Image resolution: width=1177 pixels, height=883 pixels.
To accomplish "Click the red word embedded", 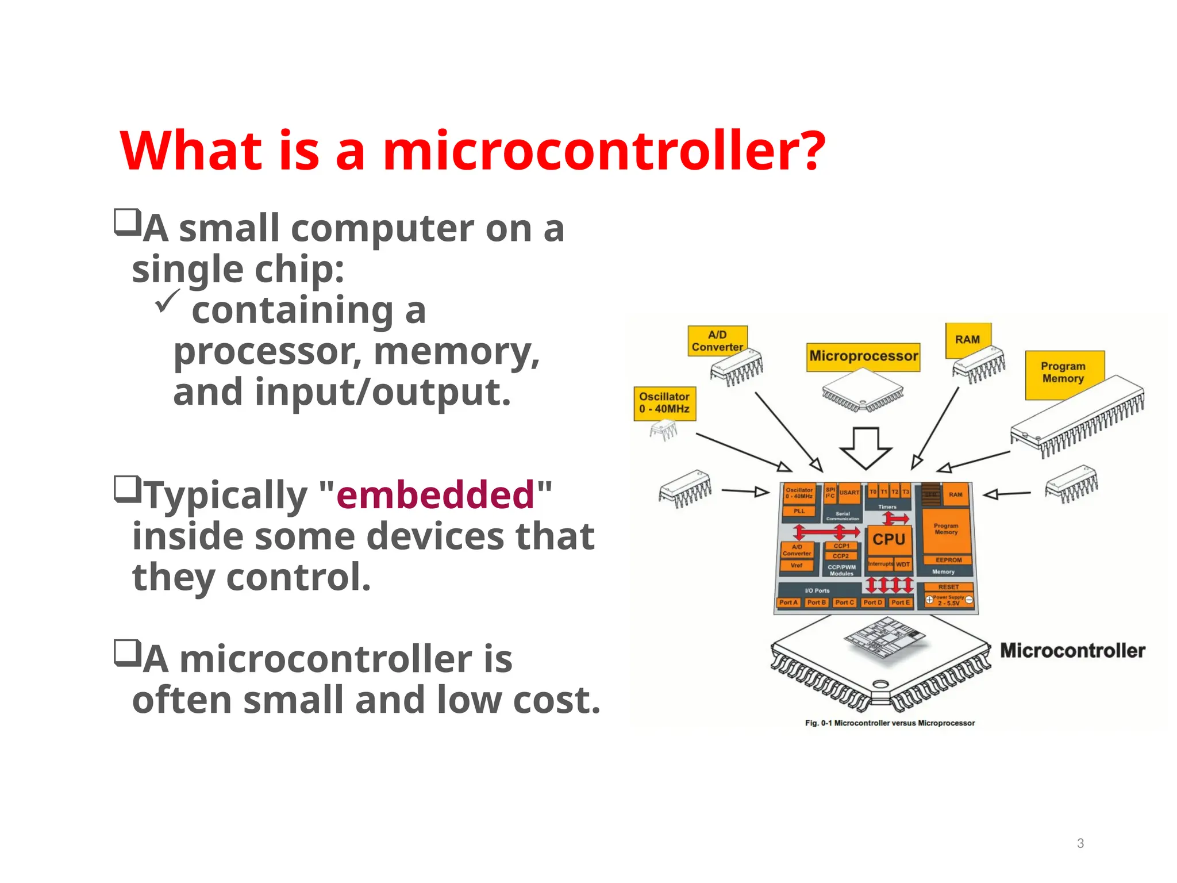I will pos(436,495).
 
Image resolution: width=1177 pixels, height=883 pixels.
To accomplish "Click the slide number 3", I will pos(1080,843).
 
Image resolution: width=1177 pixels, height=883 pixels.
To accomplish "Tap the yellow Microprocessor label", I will pos(863,356).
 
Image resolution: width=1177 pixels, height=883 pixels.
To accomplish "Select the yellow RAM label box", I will pos(968,339).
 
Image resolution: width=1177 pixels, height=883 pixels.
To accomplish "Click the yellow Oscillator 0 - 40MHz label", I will pos(664,403).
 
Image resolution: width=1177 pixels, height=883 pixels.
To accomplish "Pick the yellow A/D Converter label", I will pos(717,341).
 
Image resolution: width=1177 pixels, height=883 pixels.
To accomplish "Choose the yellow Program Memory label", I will pos(1063,373).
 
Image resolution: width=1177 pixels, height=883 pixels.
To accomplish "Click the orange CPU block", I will pos(888,539).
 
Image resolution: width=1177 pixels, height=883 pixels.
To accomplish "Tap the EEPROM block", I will pos(948,560).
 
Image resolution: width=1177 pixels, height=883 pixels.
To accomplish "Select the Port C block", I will pos(844,602).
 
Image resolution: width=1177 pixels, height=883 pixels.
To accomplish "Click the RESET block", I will pos(948,587).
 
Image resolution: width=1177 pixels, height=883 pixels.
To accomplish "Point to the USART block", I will pos(849,493).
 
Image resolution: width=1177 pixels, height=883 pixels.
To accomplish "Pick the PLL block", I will pos(799,511).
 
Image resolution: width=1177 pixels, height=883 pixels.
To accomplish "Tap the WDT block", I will pos(903,565).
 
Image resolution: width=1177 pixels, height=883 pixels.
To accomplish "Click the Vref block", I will pos(797,566).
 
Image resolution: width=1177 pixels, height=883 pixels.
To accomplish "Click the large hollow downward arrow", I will pos(866,448).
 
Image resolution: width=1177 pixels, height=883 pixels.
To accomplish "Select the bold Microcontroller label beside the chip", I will pos(1072,651).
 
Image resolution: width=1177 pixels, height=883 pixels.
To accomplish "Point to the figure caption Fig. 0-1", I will pos(890,723).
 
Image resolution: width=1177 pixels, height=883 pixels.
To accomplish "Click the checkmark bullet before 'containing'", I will pos(167,301).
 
